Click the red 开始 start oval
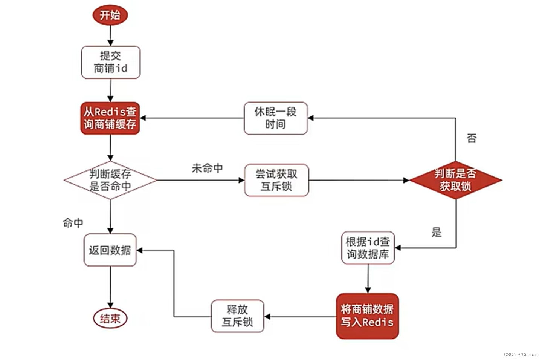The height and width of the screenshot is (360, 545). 110,15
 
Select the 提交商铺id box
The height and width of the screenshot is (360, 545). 111,62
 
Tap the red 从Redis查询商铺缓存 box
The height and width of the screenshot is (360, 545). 110,118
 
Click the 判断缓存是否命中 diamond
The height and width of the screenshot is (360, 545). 110,180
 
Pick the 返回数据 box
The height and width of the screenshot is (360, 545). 110,250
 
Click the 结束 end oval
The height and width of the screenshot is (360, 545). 110,319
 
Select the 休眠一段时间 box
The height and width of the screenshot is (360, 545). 276,118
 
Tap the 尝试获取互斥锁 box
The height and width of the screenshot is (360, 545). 276,180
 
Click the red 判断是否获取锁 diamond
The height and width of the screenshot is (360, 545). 455,180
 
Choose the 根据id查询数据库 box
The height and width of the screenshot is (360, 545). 368,248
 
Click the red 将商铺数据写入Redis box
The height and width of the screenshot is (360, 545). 367,316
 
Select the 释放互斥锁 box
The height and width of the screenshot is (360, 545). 237,316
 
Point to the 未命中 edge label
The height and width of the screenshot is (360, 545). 207,168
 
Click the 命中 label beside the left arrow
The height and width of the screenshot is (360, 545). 73,223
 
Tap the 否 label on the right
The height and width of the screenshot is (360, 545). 472,138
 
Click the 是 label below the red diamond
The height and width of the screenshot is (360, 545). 436,232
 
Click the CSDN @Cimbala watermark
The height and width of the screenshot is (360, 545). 521,354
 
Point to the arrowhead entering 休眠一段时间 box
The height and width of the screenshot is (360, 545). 311,118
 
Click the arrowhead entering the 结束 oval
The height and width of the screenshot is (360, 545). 110,305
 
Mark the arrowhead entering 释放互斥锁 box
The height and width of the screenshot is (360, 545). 267,316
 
